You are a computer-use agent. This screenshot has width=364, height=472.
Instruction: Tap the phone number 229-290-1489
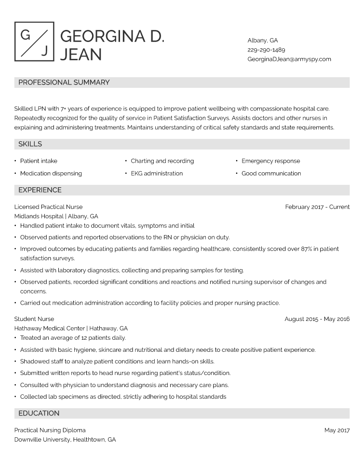266,50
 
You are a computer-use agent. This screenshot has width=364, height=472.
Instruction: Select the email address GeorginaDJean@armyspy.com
289,59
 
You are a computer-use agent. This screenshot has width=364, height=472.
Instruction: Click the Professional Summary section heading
64,83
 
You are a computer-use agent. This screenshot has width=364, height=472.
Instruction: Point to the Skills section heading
30,144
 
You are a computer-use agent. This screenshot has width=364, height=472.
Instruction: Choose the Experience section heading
40,190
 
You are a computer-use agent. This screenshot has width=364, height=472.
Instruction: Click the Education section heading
39,413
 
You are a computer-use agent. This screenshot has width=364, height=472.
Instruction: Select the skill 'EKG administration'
157,173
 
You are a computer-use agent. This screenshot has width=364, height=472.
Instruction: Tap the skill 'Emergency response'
270,161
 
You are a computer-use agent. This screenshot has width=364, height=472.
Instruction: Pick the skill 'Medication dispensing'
51,173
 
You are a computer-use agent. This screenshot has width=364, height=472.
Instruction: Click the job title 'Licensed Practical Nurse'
48,207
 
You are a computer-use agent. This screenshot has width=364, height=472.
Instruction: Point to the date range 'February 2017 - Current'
317,207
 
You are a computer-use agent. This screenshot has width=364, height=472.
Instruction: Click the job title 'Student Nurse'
34,319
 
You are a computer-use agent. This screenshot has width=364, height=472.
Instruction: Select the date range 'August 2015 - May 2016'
317,319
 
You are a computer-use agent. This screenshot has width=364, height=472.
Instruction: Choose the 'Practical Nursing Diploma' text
50,430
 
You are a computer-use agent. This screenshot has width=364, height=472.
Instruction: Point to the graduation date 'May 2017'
337,430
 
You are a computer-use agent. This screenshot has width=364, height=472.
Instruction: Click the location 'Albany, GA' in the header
263,41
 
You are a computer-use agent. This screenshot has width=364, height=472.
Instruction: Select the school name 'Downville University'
42,440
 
